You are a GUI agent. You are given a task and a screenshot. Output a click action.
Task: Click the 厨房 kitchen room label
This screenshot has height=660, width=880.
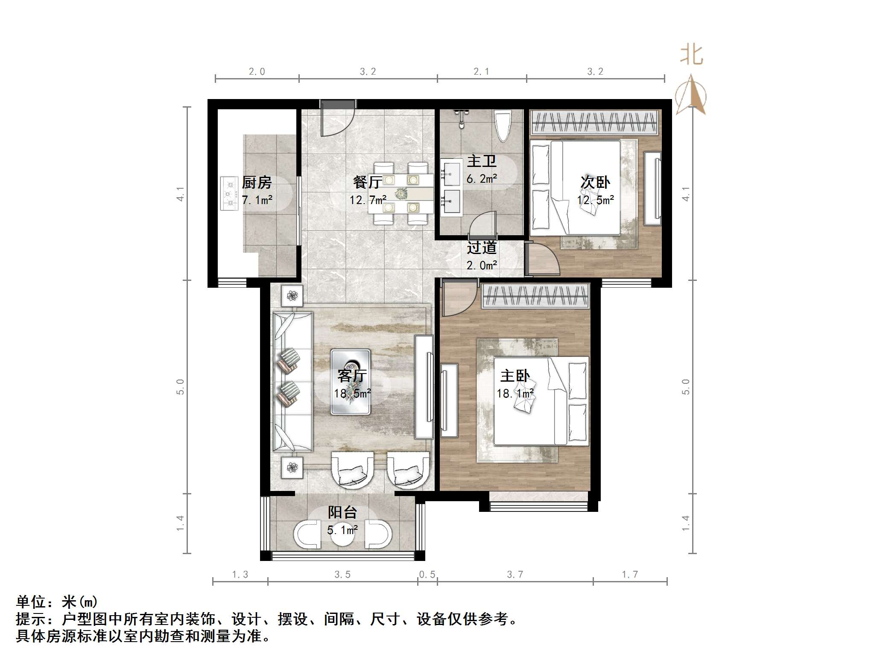257,183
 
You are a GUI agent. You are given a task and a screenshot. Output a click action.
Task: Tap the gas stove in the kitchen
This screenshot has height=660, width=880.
229,194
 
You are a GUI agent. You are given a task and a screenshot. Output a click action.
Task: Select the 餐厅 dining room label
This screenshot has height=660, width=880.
368,182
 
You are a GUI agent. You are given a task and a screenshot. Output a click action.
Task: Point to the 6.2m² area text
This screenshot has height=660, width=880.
482,179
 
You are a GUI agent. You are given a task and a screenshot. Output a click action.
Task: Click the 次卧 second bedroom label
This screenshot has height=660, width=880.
595,182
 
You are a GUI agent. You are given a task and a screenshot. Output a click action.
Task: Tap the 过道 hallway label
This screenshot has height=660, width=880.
482,248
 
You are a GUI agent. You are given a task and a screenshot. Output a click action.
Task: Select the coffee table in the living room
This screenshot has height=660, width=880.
351,382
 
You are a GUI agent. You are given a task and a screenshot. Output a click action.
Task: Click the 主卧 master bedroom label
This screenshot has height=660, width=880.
515,376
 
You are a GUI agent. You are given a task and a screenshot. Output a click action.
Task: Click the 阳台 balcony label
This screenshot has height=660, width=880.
342,512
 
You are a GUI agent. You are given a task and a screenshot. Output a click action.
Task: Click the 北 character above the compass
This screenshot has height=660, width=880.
692,55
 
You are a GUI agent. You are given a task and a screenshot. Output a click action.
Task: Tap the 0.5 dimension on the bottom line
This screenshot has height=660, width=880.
427,575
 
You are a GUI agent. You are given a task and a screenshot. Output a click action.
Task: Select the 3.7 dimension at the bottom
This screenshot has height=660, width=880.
515,575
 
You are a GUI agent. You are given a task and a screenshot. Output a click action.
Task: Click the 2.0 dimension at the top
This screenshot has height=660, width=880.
257,72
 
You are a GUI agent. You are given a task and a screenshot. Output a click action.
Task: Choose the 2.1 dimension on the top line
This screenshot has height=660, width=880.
481,72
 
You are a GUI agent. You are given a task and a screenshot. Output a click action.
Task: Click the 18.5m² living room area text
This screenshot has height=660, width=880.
352,393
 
